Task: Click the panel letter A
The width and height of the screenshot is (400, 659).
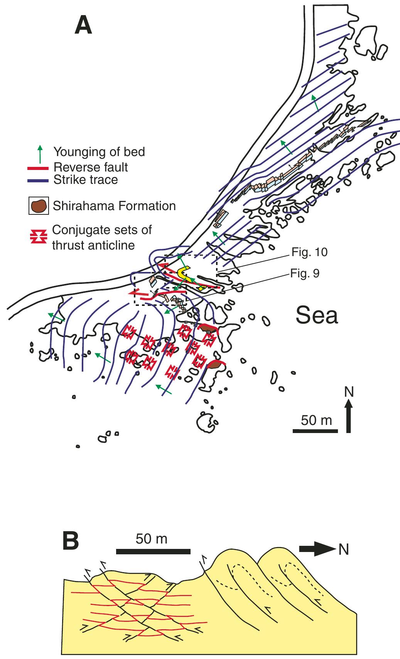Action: coord(83,25)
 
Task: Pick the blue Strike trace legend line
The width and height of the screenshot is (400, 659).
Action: coord(38,180)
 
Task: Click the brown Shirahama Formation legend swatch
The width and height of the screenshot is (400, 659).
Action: coord(39,206)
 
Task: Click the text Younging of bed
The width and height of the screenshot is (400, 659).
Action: coord(99,152)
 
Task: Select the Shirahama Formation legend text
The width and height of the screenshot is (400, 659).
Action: coord(114,206)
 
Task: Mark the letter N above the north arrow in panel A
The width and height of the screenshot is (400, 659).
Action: coord(349,392)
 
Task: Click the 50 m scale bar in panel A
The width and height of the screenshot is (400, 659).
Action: coord(316,431)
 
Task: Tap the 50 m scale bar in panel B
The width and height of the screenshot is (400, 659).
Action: coord(153,551)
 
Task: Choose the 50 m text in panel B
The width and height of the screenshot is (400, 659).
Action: coord(152,538)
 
